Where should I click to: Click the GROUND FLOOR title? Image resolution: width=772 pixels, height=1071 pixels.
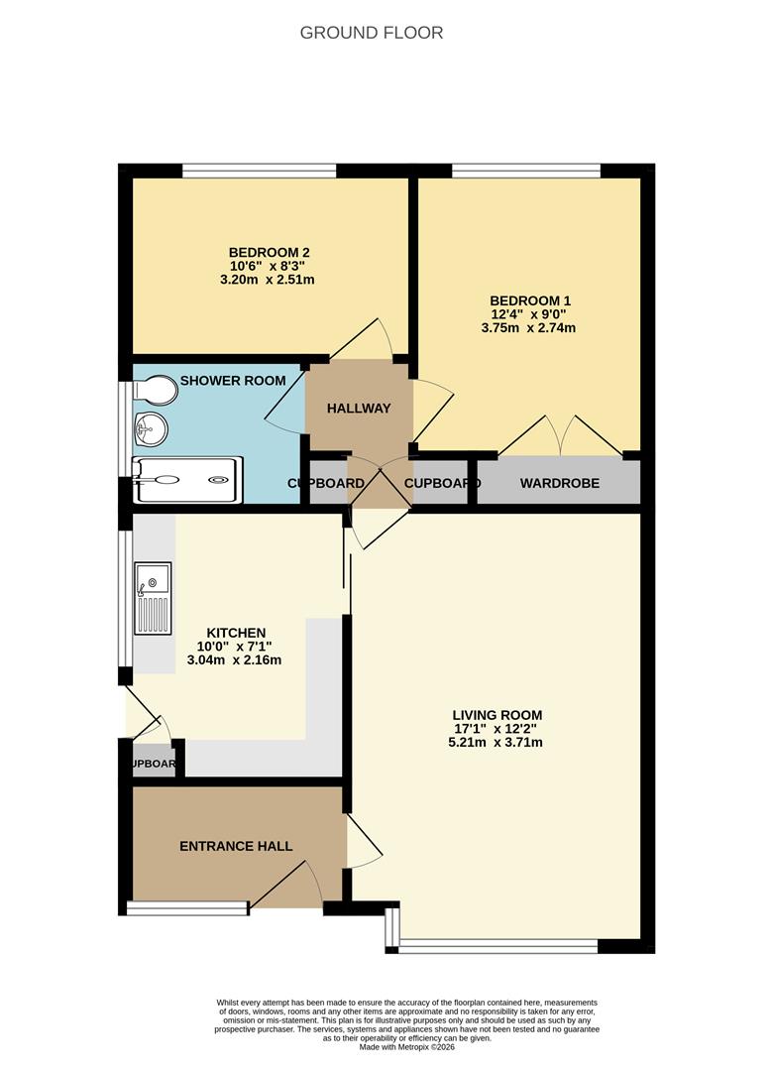(372, 33)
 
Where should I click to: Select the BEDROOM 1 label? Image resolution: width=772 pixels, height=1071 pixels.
(530, 300)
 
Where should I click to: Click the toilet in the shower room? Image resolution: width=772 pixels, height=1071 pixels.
(156, 390)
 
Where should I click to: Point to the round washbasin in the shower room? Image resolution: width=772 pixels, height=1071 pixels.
(151, 429)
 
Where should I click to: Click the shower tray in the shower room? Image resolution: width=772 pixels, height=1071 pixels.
(187, 480)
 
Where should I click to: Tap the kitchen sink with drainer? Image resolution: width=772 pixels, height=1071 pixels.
(153, 598)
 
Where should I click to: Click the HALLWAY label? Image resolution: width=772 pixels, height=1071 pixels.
(359, 409)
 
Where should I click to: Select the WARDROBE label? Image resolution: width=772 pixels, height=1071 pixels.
(560, 483)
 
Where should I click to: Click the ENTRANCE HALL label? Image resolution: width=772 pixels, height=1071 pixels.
(236, 846)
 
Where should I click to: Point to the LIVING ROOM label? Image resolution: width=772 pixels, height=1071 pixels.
(496, 715)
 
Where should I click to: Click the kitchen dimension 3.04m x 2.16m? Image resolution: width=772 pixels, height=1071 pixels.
(234, 660)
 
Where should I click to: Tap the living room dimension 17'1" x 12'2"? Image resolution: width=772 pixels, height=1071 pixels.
(496, 729)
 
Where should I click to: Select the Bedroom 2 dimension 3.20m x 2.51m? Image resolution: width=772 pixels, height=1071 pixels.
(268, 280)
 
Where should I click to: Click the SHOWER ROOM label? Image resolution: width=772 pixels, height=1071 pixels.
(233, 381)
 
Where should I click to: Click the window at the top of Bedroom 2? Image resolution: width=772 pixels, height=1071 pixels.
(260, 171)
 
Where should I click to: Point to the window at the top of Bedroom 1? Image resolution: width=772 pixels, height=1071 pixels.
(526, 171)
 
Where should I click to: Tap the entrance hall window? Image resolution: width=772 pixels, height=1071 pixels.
(187, 907)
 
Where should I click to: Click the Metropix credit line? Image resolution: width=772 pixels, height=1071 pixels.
(407, 1047)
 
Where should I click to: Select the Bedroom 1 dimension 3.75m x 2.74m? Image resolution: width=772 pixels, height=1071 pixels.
(528, 328)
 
